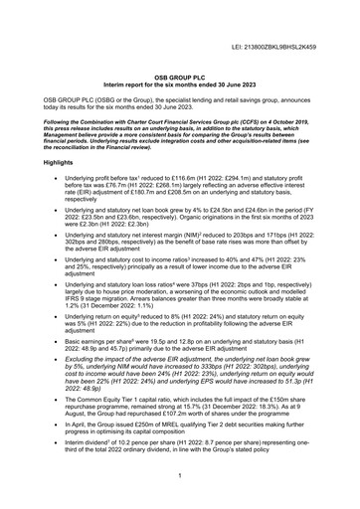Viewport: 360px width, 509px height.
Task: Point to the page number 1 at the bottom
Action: [x=180, y=476]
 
